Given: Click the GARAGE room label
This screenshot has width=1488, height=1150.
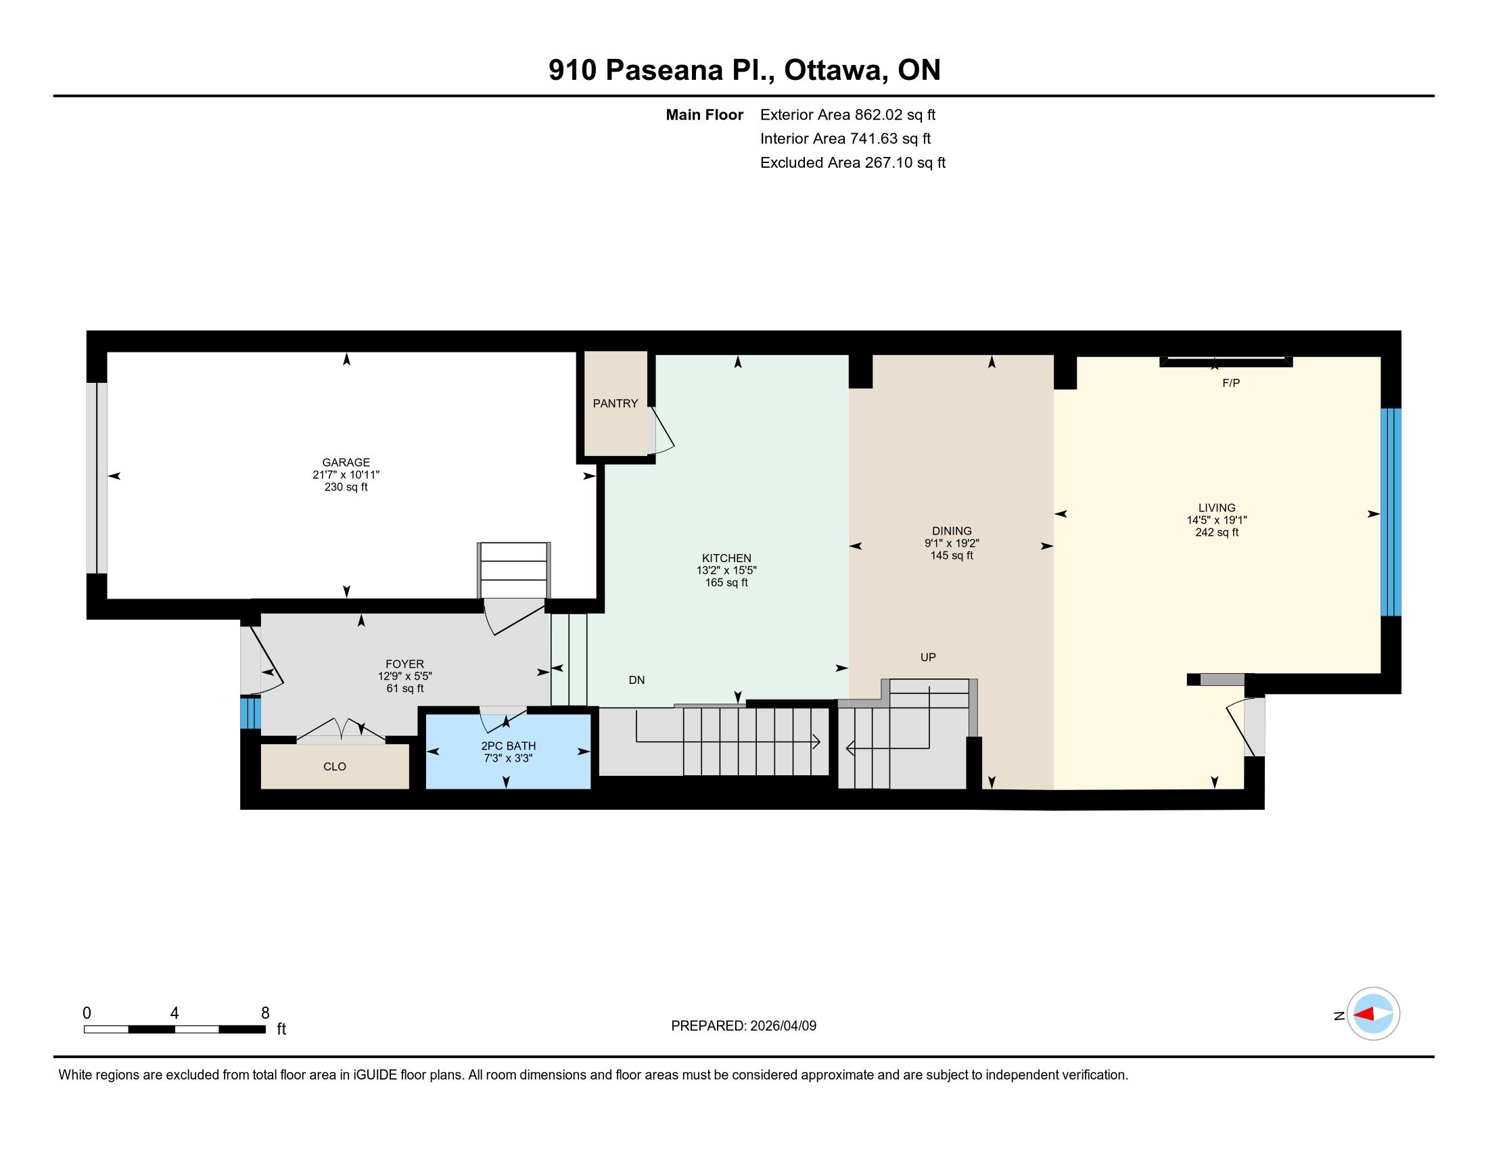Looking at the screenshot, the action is [x=346, y=462].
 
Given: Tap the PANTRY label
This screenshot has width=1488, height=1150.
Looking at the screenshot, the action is [x=615, y=403].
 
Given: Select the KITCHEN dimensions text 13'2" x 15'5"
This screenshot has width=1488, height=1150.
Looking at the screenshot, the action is [x=726, y=570].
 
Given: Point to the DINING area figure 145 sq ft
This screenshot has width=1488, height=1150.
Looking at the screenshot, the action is [x=952, y=555].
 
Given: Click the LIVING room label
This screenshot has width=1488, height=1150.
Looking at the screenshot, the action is [x=1217, y=507].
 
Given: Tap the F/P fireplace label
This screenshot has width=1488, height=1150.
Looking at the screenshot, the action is [x=1231, y=383].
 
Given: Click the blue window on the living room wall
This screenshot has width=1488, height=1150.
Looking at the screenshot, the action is [x=1391, y=511].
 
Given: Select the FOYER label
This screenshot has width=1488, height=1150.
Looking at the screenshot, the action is [x=404, y=664].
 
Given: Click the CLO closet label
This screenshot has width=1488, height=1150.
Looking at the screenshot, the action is [x=335, y=766].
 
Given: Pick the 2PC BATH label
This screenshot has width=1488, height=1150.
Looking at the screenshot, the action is [x=508, y=746].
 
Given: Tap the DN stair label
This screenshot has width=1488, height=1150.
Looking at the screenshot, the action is [x=636, y=680].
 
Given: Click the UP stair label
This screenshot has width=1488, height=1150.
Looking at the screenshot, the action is [x=928, y=658].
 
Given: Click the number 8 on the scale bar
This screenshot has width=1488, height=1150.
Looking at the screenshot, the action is [x=265, y=1013].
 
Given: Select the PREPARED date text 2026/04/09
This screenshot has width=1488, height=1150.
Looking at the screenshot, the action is [x=783, y=1026].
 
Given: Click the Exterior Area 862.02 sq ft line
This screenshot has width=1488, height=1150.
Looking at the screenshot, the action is [x=847, y=114].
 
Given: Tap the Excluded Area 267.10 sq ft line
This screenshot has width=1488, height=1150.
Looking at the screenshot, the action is [x=853, y=162].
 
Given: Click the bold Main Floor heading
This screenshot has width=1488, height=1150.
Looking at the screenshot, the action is [x=705, y=114].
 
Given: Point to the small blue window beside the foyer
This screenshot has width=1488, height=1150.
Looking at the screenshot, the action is [x=251, y=712].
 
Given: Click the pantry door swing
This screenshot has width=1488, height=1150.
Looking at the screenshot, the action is [x=662, y=430].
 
